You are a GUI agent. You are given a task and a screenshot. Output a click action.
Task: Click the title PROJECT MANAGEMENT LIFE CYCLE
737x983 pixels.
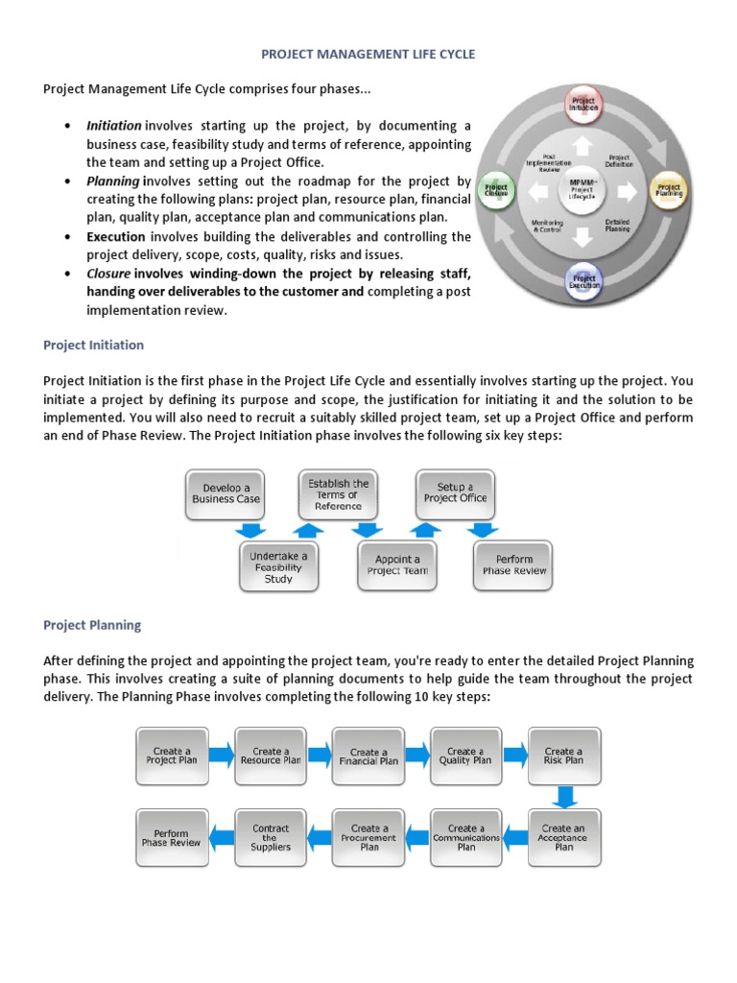(369, 55)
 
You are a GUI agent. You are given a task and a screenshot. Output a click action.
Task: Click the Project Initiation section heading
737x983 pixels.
(93, 345)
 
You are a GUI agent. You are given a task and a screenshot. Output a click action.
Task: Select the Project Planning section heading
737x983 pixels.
(92, 625)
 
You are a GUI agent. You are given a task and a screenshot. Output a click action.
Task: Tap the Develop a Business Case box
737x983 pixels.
(226, 494)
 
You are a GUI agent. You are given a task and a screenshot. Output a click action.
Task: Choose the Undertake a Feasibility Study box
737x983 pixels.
(278, 566)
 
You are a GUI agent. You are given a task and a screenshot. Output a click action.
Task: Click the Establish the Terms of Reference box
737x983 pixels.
(338, 494)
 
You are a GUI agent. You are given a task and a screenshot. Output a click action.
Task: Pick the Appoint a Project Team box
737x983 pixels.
(397, 565)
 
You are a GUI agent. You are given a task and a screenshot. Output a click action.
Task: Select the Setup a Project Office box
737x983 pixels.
(455, 494)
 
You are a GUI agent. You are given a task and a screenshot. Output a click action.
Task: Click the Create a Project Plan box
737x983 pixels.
(172, 755)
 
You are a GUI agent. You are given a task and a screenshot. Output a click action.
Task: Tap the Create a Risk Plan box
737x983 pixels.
(563, 755)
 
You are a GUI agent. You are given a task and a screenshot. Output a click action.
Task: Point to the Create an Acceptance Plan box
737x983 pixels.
(563, 837)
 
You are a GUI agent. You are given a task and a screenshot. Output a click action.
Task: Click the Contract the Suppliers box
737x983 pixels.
(270, 837)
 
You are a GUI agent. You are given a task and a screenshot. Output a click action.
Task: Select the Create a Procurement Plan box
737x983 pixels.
(368, 837)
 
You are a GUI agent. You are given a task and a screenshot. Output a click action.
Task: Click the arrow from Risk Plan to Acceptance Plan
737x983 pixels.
(565, 796)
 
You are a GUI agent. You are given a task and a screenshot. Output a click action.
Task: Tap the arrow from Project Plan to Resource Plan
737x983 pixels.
(220, 755)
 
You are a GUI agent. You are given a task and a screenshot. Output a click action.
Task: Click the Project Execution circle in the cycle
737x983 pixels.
(583, 281)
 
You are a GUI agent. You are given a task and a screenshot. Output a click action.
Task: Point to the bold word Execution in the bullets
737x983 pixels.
(116, 236)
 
